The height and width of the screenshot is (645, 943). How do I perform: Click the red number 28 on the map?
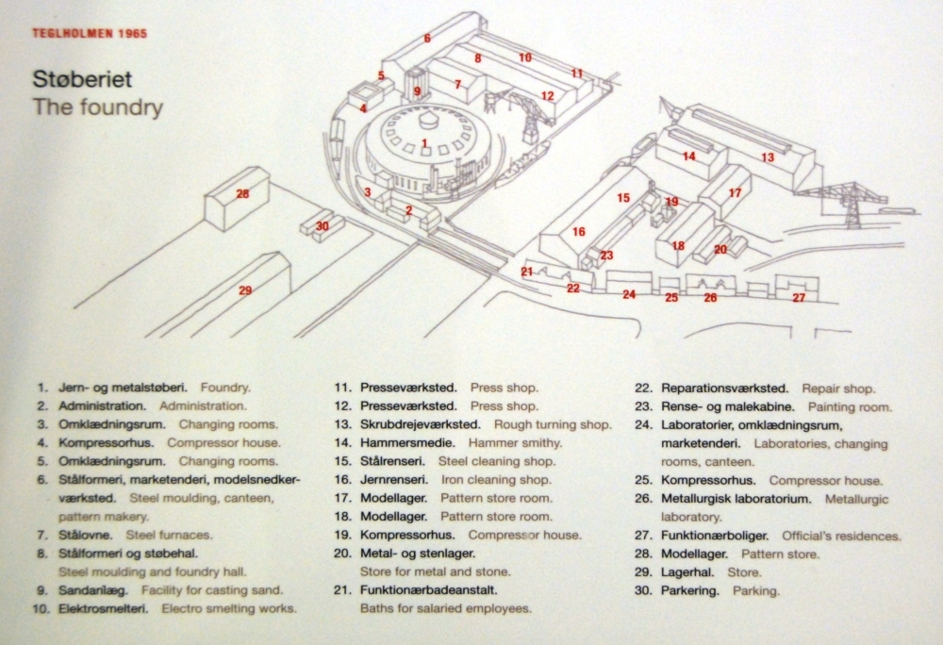click(242, 194)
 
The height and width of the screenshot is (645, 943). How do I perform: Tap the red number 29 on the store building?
click(245, 290)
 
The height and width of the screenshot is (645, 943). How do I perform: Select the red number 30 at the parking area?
click(323, 226)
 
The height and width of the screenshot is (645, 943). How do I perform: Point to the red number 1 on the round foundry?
click(425, 143)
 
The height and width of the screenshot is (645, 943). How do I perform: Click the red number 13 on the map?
click(768, 157)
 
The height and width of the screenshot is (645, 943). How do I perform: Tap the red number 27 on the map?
click(798, 298)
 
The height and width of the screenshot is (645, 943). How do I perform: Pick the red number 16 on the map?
click(578, 232)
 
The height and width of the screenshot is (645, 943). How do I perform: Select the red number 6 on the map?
click(427, 39)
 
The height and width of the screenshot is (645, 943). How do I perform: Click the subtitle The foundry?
click(98, 107)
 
